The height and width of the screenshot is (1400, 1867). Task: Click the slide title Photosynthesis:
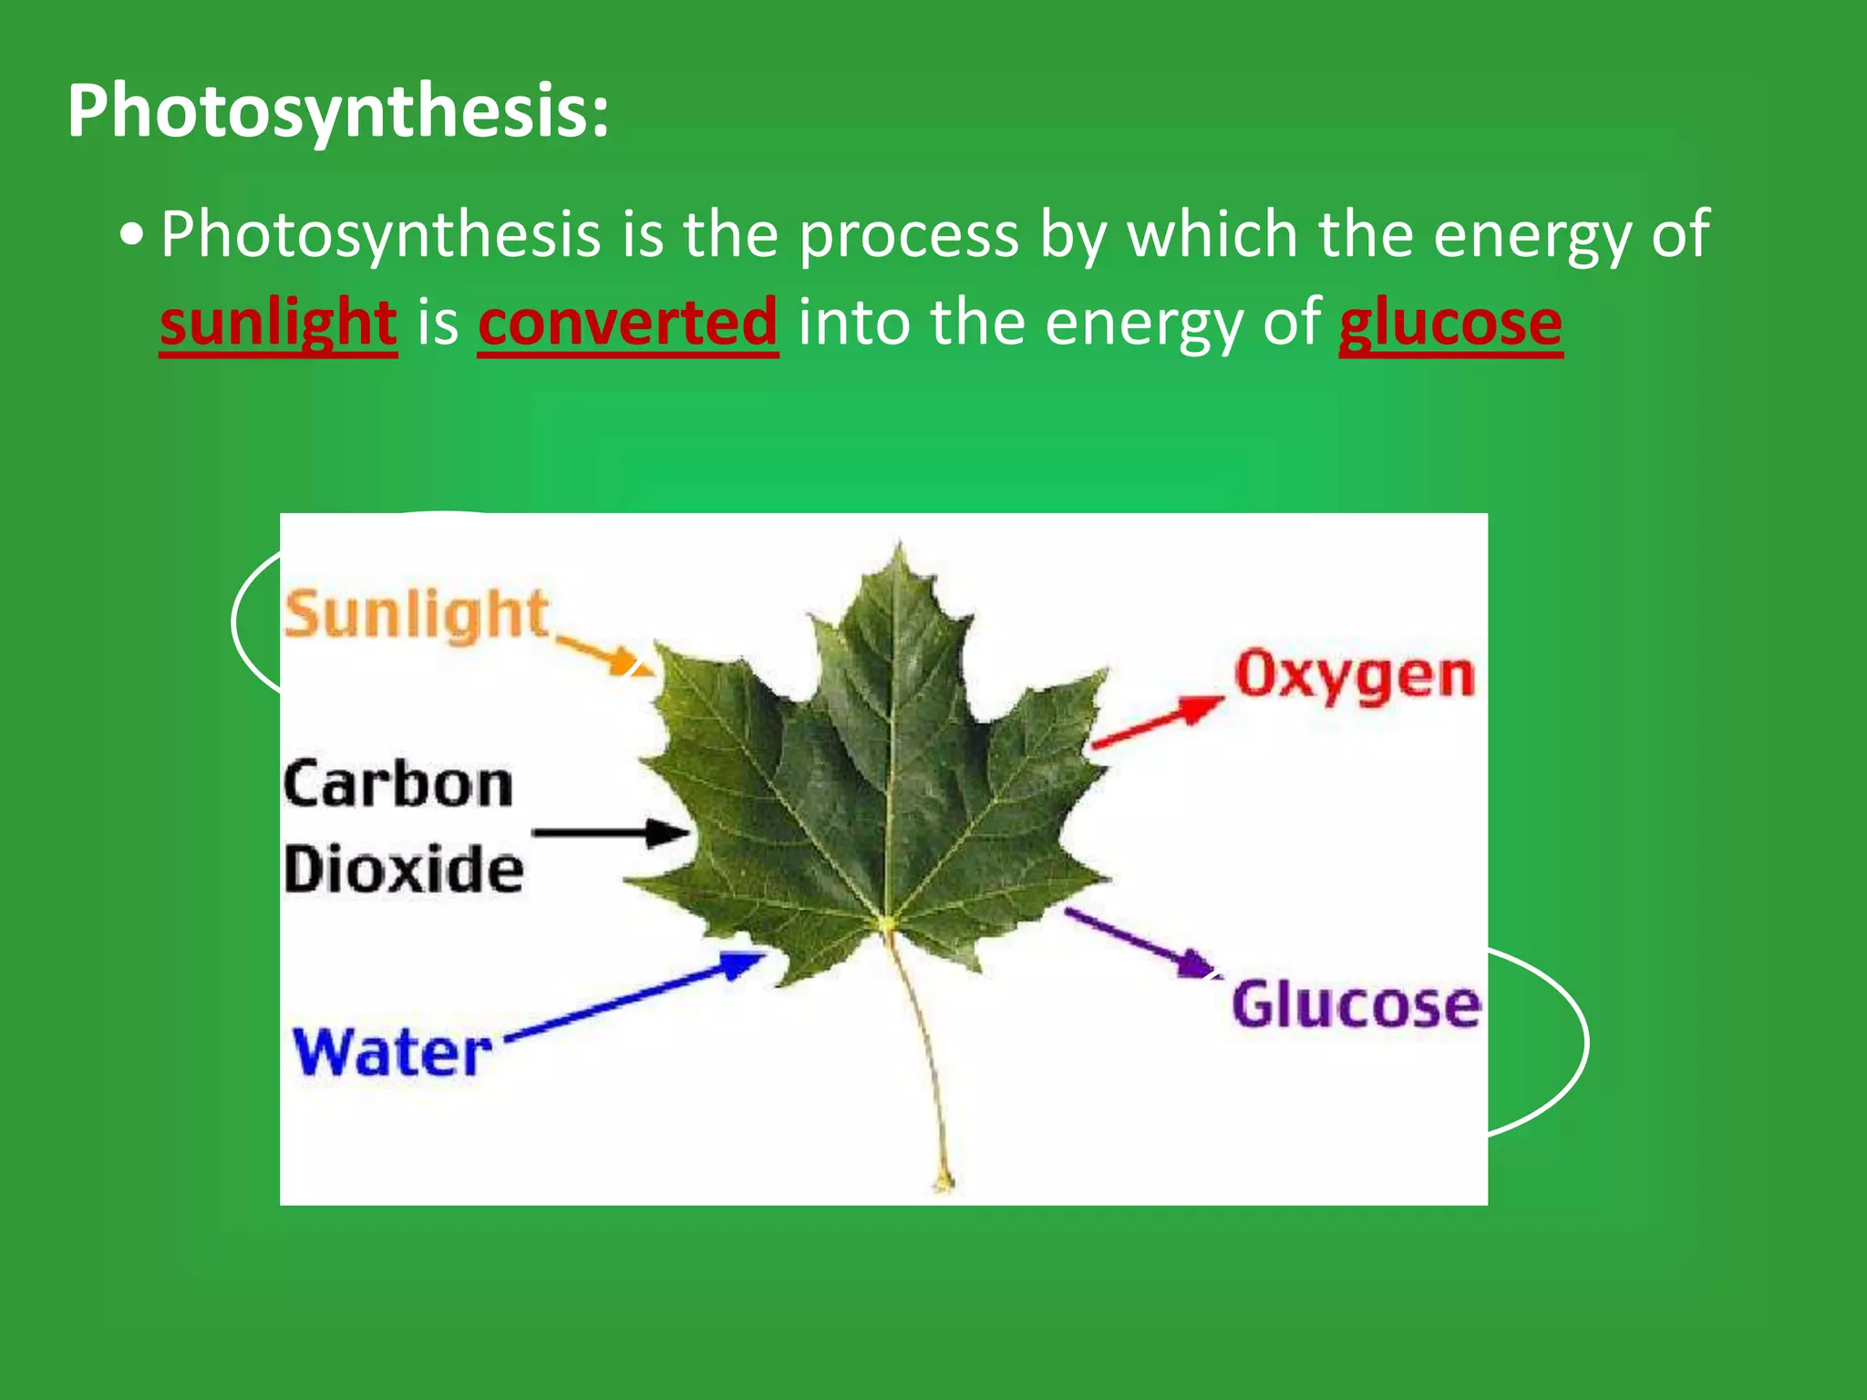point(337,111)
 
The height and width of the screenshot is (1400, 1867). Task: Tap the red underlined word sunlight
point(278,324)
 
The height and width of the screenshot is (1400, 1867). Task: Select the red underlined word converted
point(627,324)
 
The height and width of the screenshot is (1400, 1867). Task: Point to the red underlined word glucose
point(1449,324)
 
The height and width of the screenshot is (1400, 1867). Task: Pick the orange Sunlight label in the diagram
point(415,614)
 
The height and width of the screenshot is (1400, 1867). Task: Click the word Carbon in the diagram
point(397,786)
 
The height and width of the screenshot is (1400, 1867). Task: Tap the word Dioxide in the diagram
point(403,870)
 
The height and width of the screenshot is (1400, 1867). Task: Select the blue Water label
point(392,1053)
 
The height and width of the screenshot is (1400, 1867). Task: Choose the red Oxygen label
point(1354,676)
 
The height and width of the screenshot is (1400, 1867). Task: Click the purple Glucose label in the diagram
point(1356,1004)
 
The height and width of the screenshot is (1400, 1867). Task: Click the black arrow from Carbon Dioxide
point(611,832)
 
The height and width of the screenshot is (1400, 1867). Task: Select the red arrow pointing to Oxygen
point(1158,722)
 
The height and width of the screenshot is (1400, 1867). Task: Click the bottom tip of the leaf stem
point(944,1185)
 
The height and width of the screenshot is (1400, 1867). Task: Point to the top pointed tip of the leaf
point(899,545)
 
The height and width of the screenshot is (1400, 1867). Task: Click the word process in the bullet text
point(909,236)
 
